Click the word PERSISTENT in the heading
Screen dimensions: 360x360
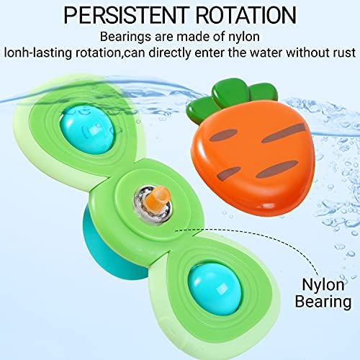[x=125, y=15]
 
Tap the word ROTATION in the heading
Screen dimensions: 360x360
[x=246, y=15]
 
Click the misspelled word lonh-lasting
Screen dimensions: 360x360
[x=38, y=53]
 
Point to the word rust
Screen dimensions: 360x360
[x=344, y=53]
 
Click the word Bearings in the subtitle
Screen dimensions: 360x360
[x=125, y=37]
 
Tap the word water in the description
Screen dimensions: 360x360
[x=266, y=53]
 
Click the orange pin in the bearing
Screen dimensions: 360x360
[x=158, y=198]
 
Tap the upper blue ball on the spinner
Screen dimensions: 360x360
[x=89, y=130]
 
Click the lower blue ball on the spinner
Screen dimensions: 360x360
[x=215, y=287]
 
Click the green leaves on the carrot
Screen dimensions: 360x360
[x=230, y=99]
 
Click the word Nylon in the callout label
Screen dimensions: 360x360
[x=323, y=285]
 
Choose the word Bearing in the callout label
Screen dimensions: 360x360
[x=323, y=302]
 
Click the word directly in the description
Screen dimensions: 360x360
[x=169, y=53]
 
